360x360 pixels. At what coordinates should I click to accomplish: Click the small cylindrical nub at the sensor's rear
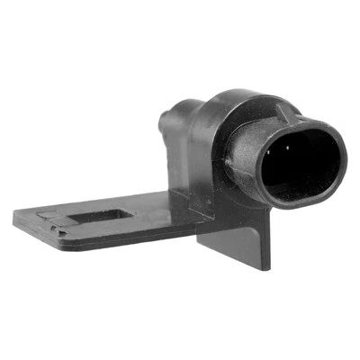(168, 120)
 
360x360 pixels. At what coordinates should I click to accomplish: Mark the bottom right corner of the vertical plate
(267, 268)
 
